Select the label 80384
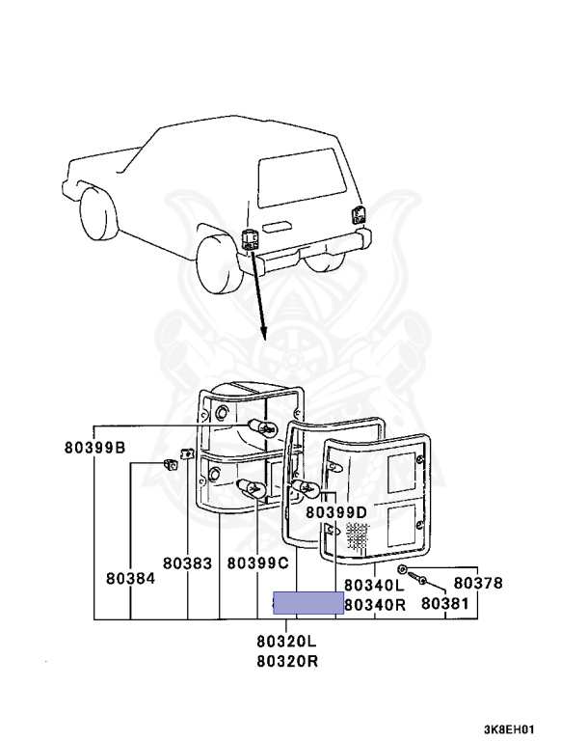129,579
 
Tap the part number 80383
186,562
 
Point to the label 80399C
258,562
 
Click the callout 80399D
336,511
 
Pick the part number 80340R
375,604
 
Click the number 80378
478,583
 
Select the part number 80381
444,604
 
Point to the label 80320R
287,661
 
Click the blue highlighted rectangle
308,603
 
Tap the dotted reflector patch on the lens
358,536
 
